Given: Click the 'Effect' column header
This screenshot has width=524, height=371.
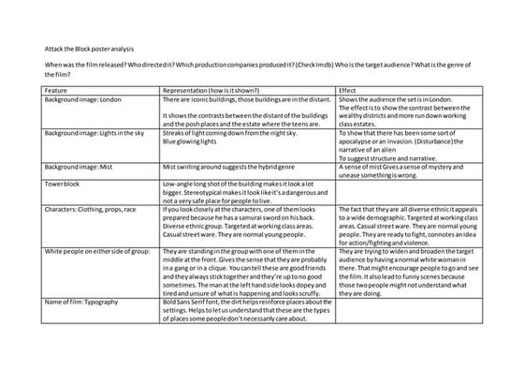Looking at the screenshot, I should (x=347, y=89).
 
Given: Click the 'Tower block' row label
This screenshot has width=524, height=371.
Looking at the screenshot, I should (x=63, y=184).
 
